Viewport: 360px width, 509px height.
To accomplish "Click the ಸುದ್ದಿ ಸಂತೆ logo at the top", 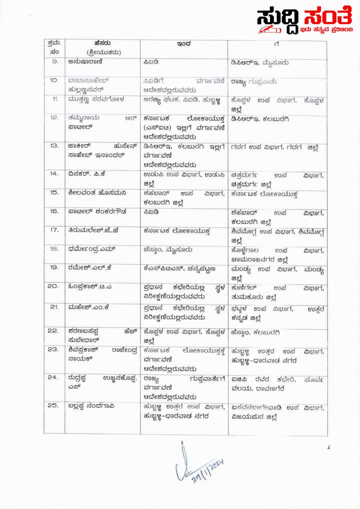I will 306,23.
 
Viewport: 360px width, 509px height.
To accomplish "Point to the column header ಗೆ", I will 276,44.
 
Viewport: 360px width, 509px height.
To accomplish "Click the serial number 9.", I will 55,62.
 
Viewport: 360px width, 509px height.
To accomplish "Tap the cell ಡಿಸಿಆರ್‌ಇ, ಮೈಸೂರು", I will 259,62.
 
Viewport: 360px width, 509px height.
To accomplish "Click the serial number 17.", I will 54,230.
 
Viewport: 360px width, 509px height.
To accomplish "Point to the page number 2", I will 328,447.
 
